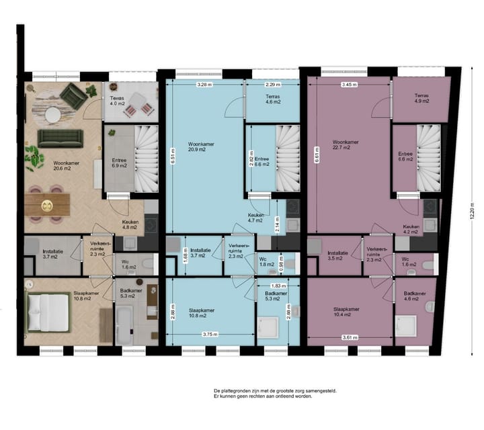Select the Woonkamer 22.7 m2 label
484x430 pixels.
(345, 145)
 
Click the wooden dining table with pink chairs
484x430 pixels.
(48, 203)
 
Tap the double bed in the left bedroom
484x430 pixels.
(48, 313)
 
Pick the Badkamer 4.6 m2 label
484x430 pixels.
(413, 296)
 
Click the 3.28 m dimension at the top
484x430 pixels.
(204, 85)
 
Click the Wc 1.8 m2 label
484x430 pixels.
(266, 263)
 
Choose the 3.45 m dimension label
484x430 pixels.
(348, 85)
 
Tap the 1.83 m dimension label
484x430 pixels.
(276, 286)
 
